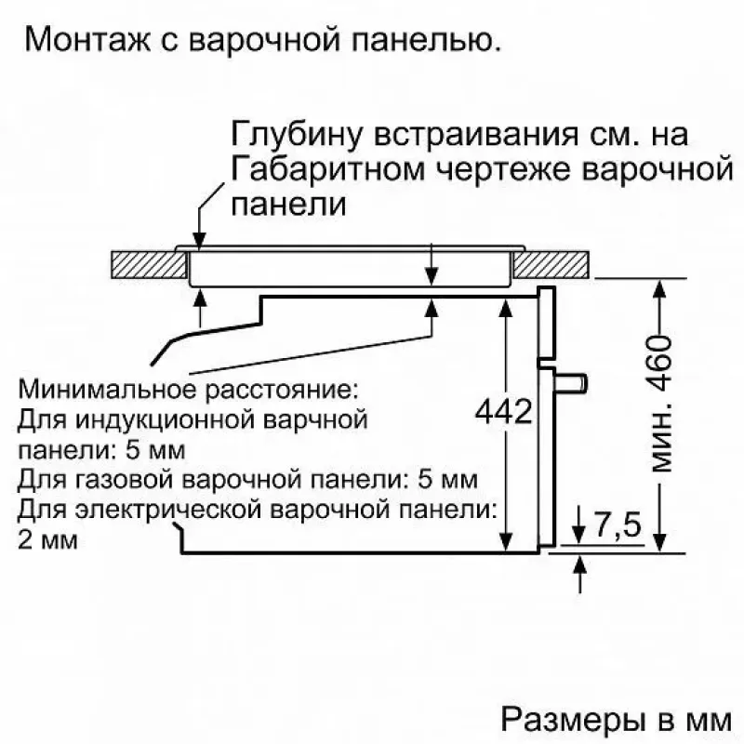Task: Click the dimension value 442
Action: click(x=504, y=411)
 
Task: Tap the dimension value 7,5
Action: click(x=618, y=524)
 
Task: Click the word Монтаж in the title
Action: click(x=87, y=39)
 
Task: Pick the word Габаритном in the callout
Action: click(x=328, y=170)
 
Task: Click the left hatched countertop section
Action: click(x=150, y=264)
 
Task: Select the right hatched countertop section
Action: click(x=551, y=264)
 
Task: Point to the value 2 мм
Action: click(x=47, y=539)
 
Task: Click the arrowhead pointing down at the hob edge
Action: click(x=200, y=241)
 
